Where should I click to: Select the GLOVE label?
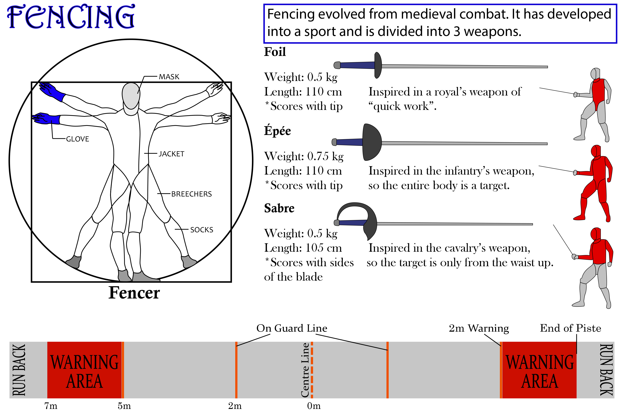77,139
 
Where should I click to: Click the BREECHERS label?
192,194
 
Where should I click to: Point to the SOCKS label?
202,230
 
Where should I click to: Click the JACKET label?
171,154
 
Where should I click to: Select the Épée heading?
277,131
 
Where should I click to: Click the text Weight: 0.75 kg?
304,156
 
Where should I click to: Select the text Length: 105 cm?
303,248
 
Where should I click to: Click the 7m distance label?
51,406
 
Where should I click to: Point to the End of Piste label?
570,328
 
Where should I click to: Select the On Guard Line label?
292,328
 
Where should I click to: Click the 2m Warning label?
479,328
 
